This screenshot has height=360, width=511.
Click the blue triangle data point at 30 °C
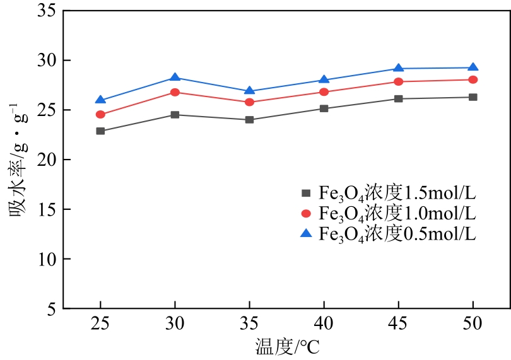point(175,78)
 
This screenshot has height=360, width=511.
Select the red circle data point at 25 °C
point(100,115)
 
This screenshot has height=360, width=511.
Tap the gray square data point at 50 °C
point(473,97)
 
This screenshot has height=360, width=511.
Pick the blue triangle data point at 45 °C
point(398,68)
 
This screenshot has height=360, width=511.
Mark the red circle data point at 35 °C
point(249,102)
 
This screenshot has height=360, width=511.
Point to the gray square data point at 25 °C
point(100,131)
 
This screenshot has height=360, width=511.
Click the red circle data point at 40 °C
point(324,92)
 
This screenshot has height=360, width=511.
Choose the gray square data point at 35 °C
point(249,120)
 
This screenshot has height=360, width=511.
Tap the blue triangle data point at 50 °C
point(473,67)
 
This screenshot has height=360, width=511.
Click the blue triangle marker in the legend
point(307,233)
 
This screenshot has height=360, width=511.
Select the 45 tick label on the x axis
point(398,323)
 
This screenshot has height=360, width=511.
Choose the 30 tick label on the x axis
point(175,323)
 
